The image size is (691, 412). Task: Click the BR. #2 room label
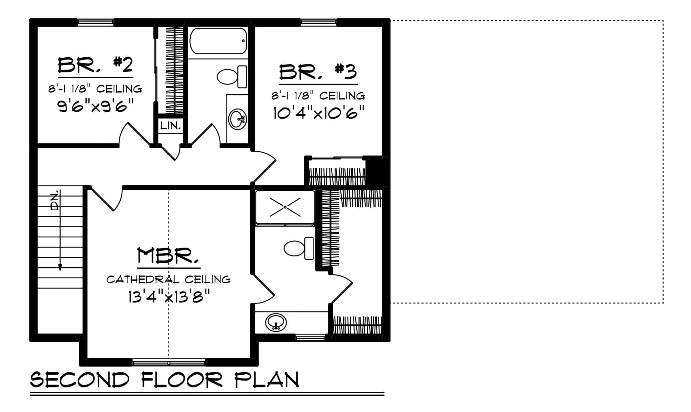(x=95, y=66)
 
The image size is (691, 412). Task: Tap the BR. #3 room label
(x=318, y=72)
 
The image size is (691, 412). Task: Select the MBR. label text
(x=168, y=256)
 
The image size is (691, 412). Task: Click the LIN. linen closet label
(x=171, y=125)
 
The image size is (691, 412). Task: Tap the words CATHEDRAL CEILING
(x=168, y=279)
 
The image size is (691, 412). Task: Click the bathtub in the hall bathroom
(x=218, y=41)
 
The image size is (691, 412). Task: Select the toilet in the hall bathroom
(x=232, y=77)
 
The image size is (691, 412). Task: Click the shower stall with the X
(x=285, y=207)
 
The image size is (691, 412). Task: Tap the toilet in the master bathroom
(x=299, y=248)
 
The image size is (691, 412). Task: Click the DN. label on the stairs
(x=55, y=200)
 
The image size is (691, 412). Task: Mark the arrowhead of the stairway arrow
(x=60, y=268)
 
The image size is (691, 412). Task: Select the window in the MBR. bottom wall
(x=169, y=363)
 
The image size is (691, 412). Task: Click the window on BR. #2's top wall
(x=95, y=22)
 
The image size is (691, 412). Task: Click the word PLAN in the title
(x=266, y=380)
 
